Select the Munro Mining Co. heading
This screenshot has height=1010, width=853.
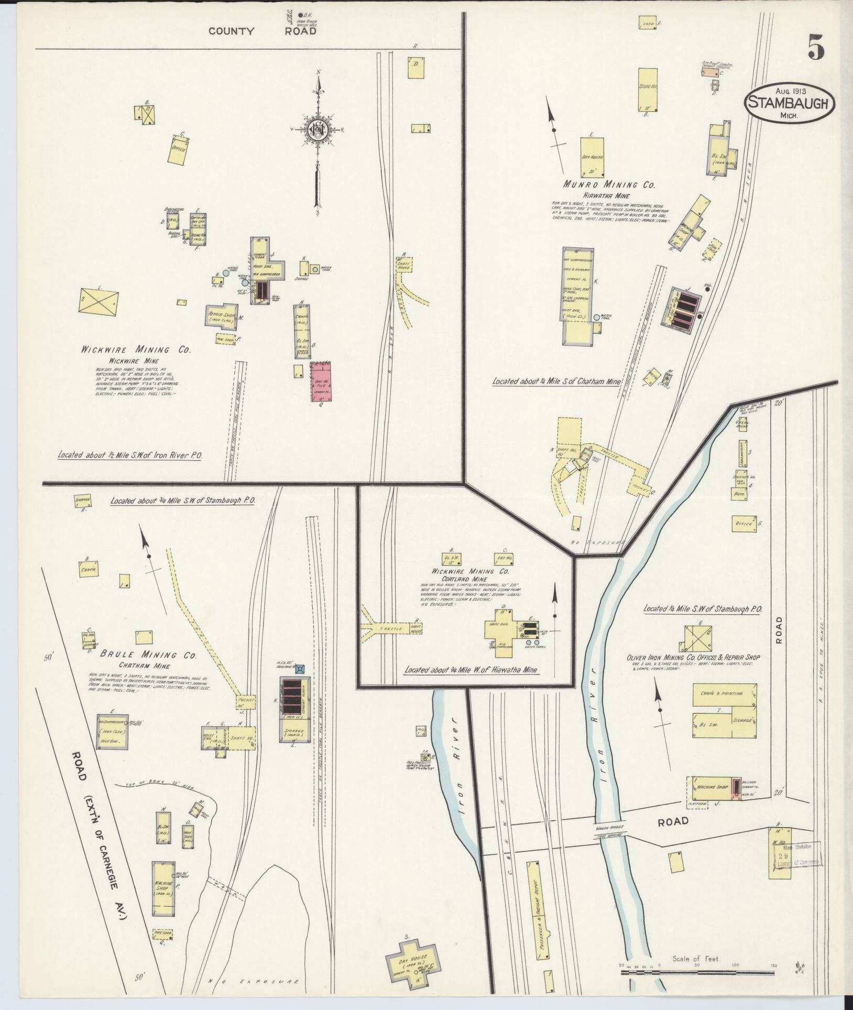[x=609, y=184]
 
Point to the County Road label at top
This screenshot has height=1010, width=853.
[x=263, y=31]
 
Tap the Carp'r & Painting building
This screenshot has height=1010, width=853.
[x=725, y=693]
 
